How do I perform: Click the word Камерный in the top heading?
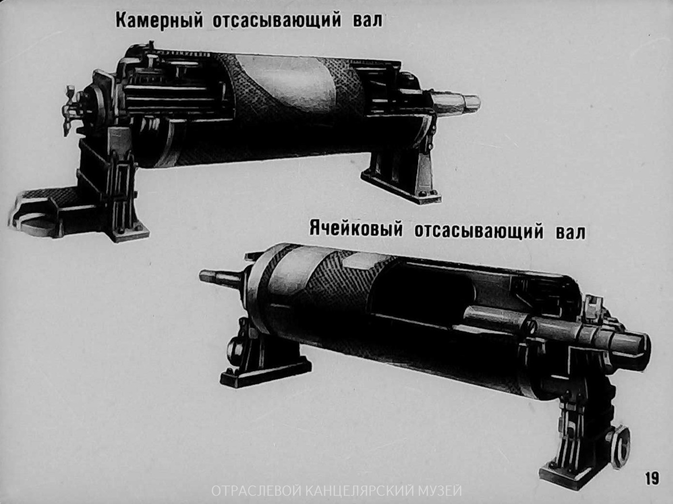pyautogui.click(x=159, y=21)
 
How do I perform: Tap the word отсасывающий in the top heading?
pyautogui.click(x=277, y=21)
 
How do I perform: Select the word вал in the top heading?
pyautogui.click(x=367, y=21)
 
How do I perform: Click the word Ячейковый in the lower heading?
pyautogui.click(x=356, y=230)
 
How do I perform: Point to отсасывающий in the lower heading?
pyautogui.click(x=479, y=232)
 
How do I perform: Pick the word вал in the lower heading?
pyautogui.click(x=570, y=232)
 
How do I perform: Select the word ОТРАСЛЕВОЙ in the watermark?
pyautogui.click(x=257, y=490)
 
